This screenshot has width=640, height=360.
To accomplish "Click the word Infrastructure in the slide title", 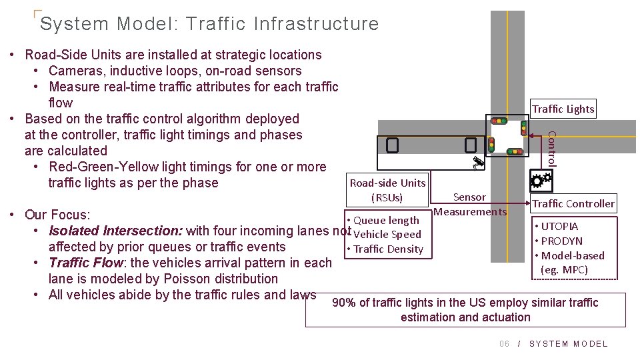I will point(316,24).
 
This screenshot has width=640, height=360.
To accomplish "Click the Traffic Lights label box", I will point(563,109).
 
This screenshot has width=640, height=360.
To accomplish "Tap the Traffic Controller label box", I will point(573,203).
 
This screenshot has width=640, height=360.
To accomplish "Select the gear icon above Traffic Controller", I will point(540,179).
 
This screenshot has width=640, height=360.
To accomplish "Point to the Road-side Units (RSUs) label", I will point(387,190).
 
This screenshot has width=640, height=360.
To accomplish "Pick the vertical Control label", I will point(551,148).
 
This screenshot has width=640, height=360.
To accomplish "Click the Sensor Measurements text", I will point(470,204).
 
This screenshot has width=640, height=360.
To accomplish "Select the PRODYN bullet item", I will point(561,241).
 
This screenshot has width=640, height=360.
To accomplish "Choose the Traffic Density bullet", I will point(387,249).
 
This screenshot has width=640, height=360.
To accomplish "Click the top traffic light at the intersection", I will point(498,121).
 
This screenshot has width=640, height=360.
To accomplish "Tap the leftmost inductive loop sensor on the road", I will point(392,145).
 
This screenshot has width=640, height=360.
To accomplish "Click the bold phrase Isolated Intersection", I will point(116,231).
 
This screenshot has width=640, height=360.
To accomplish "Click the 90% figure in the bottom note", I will point(344,303).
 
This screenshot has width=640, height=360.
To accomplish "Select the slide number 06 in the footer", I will point(505,344).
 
